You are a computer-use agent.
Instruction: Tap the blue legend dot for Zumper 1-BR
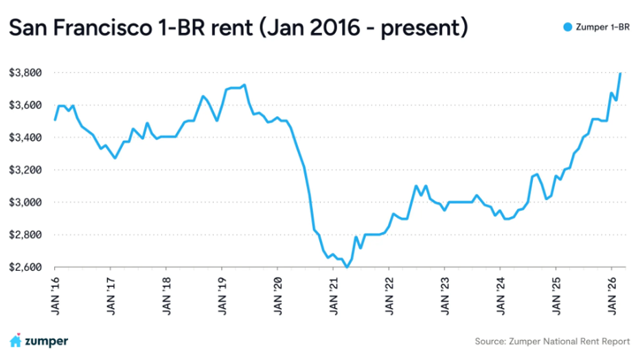pos(567,27)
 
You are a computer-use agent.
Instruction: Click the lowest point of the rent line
pos(347,267)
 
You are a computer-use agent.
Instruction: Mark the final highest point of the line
pos(621,73)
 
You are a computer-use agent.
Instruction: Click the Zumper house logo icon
pos(15,341)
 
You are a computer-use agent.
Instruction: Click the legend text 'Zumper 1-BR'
pos(602,27)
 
